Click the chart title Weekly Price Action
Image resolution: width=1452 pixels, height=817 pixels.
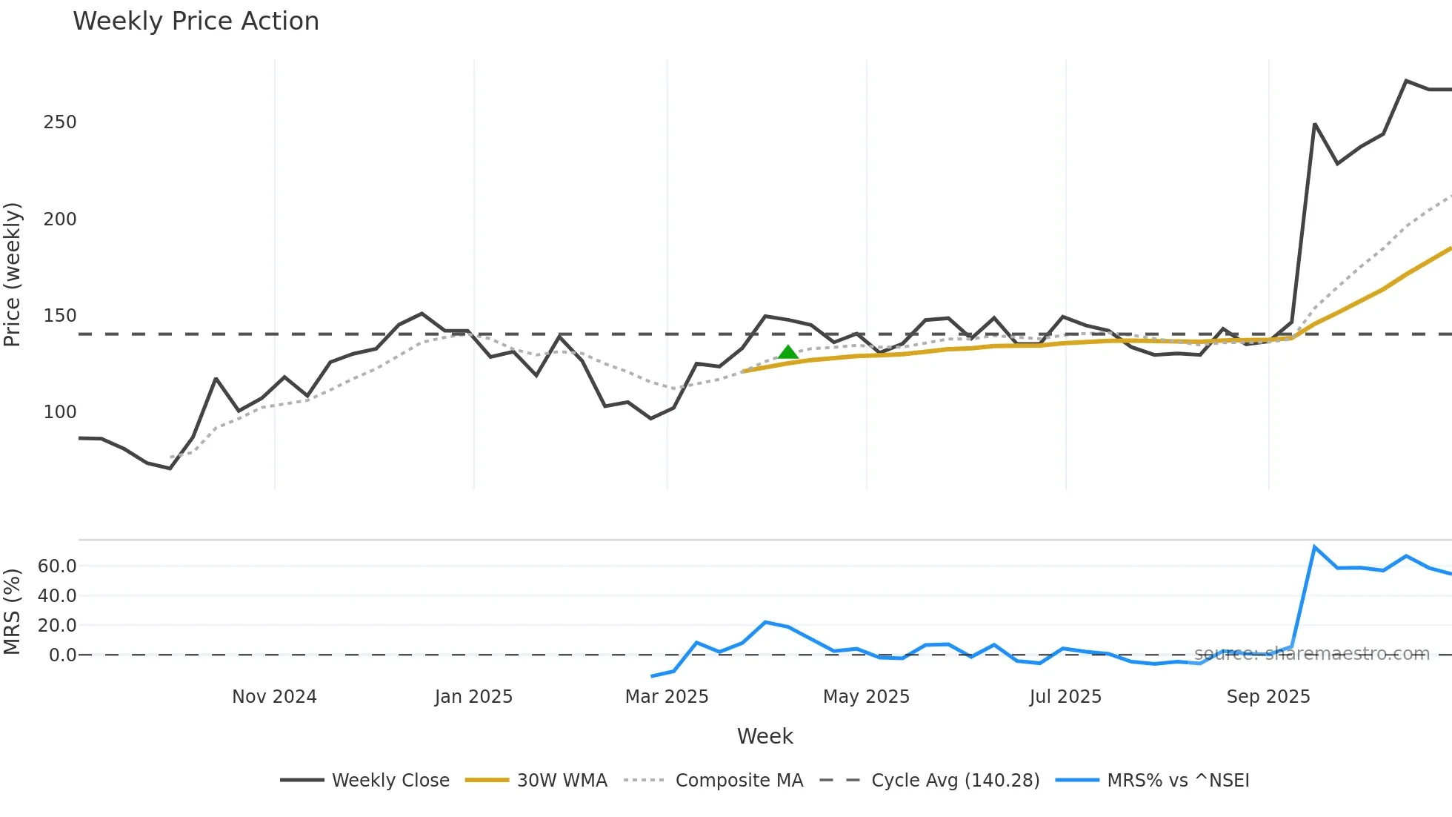point(196,21)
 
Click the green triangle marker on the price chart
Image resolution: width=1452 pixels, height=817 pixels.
point(788,352)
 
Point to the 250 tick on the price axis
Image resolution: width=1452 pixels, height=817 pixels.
point(60,122)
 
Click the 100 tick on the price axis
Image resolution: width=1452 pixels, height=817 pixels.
point(60,412)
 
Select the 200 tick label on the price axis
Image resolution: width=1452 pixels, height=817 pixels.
point(60,219)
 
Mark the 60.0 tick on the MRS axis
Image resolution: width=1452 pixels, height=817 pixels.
point(57,566)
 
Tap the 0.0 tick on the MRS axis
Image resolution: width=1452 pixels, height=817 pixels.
point(62,655)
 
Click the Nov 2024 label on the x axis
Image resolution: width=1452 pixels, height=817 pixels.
point(274,697)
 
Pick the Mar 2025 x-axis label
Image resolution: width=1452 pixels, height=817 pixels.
point(667,697)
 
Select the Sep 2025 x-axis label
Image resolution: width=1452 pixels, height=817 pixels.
point(1268,697)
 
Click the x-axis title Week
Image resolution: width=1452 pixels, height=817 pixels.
point(765,736)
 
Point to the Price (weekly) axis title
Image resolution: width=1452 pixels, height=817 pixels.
point(13,274)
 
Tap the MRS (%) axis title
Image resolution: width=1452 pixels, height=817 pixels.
point(13,612)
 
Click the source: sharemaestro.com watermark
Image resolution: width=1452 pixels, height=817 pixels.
point(1311,654)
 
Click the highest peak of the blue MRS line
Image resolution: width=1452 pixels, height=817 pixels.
point(1314,547)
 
